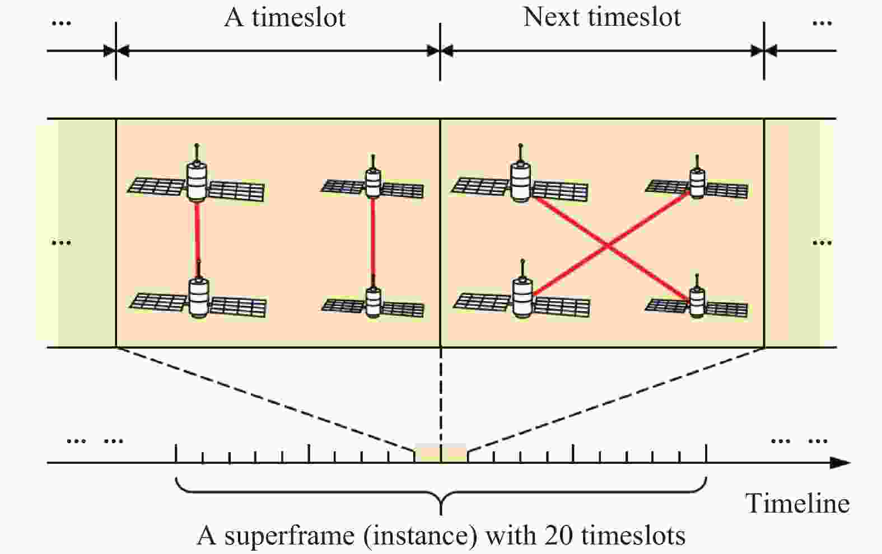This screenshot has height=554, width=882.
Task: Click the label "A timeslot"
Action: [x=284, y=17]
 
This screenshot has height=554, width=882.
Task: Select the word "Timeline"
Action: [x=797, y=503]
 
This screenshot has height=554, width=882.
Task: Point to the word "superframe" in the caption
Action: [x=289, y=536]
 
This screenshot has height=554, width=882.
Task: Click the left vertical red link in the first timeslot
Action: [x=197, y=232]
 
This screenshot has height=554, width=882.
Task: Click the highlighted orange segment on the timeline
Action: [x=441, y=452]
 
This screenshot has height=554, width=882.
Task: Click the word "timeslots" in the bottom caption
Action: [x=633, y=536]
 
